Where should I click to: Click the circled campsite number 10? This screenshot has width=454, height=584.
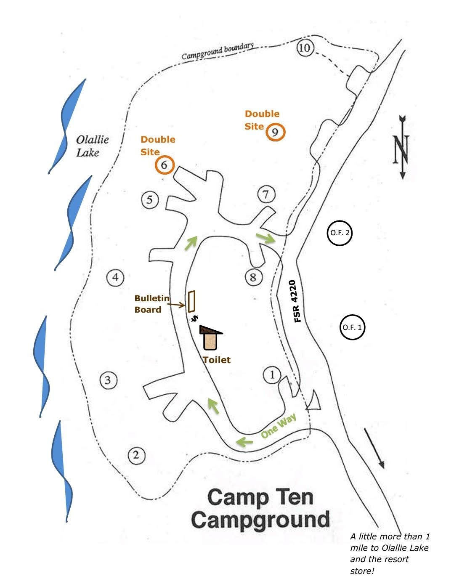pos(304,48)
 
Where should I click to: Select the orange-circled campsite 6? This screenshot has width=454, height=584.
pos(164,165)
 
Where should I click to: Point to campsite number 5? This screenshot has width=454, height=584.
pos(150,199)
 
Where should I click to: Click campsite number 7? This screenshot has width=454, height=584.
pos(266,194)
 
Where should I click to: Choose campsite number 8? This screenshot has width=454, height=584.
pos(253,277)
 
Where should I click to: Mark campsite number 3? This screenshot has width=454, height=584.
pos(108,380)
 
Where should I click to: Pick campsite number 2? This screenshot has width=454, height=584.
pos(136,455)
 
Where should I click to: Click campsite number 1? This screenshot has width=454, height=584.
pos(272,374)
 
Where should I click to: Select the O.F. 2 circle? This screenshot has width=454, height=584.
pos(339,233)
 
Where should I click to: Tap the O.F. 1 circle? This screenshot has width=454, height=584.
pos(352,327)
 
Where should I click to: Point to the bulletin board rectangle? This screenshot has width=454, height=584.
pos(192,301)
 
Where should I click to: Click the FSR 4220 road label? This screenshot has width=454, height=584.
pos(297,301)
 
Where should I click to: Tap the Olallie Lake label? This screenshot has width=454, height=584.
pos(92,146)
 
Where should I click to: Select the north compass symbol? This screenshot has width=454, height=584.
pos(402,147)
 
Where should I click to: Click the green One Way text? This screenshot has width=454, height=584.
pos(279,426)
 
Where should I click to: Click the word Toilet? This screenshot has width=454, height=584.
pos(217,360)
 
